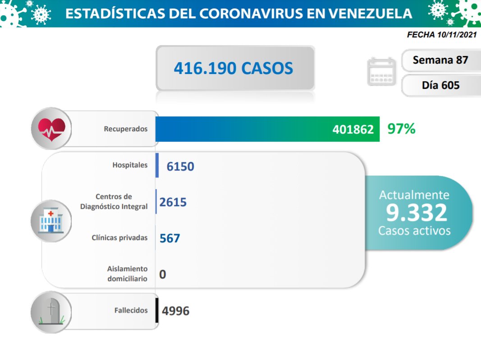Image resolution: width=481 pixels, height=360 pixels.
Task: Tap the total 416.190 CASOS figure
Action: [234, 68]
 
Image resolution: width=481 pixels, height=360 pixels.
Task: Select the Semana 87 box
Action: [440, 60]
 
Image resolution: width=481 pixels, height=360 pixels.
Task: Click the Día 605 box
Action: [440, 85]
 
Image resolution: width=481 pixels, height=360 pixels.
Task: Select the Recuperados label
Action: [125, 129]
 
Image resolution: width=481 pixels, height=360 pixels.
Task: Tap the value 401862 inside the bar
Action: [353, 129]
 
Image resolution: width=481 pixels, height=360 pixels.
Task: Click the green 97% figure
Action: [401, 129]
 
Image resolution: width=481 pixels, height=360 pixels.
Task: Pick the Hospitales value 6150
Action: [180, 166]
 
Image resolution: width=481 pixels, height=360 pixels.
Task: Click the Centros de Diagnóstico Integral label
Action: [114, 202]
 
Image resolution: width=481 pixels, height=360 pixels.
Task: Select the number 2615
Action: [173, 202]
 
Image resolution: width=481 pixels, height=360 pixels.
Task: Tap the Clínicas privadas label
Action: [119, 238]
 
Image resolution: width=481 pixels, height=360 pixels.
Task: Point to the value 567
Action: [170, 238]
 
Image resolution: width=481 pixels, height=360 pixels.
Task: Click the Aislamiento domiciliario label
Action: [127, 273]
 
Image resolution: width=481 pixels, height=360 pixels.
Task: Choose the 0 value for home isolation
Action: [163, 274]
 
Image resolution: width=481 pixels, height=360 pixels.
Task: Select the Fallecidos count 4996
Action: [176, 311]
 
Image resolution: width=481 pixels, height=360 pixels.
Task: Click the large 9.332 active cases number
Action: [417, 212]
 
